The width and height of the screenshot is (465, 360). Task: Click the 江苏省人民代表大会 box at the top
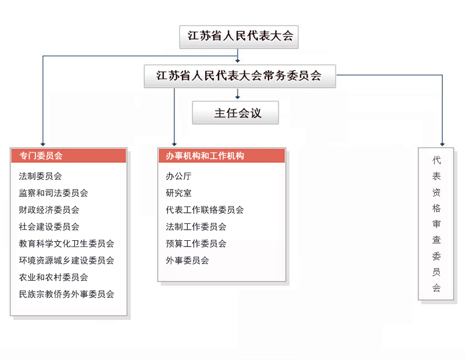(x=239, y=37)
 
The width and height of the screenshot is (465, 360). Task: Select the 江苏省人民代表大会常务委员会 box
(x=240, y=76)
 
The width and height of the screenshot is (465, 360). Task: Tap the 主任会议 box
(x=235, y=113)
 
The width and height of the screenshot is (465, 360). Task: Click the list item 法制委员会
(x=40, y=176)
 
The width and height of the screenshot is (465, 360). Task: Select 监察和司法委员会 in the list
(x=53, y=193)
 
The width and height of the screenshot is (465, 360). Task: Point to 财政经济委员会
(x=49, y=210)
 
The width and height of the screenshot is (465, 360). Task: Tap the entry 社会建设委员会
(x=49, y=227)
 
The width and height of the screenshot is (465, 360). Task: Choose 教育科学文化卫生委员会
(x=66, y=244)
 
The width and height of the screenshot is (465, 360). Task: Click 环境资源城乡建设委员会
(x=66, y=261)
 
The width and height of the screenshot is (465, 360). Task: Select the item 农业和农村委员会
(x=53, y=277)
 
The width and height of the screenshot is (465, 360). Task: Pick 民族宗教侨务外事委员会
(x=66, y=294)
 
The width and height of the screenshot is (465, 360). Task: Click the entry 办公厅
(x=178, y=176)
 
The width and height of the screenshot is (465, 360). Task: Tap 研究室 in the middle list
(x=178, y=193)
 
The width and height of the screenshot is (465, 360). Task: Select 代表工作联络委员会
(x=205, y=210)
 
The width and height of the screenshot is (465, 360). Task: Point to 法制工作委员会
(x=196, y=227)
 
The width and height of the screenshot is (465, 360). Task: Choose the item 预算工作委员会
(x=196, y=244)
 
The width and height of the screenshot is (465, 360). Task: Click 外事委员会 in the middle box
(x=187, y=261)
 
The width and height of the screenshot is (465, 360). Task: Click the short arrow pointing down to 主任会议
(x=238, y=94)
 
